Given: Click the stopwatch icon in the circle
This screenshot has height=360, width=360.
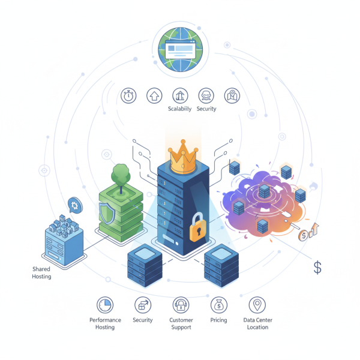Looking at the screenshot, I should (128, 95).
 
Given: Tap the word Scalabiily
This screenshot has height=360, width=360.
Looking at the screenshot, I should (180, 109).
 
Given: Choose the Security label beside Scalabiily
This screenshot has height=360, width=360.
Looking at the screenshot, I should (206, 109).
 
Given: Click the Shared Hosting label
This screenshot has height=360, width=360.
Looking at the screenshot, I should (41, 273).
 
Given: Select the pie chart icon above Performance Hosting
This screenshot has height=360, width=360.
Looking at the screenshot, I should (105, 305).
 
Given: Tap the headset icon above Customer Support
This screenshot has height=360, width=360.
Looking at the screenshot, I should (180, 305).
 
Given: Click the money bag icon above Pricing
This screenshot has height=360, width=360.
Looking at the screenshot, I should (219, 305).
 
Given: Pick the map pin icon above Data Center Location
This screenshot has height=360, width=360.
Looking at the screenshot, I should (257, 305).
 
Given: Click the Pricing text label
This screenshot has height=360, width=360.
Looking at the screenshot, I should (219, 320).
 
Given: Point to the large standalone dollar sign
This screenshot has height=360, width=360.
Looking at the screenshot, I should (317, 267).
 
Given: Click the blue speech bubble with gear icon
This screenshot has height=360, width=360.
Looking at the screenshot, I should (75, 204).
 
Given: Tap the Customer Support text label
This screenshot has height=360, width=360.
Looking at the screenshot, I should (180, 324).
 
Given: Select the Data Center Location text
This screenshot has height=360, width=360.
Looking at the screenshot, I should (257, 324).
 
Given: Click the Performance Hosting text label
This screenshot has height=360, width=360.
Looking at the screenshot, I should (105, 324).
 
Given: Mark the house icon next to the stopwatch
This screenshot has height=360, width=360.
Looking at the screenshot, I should (154, 95).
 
